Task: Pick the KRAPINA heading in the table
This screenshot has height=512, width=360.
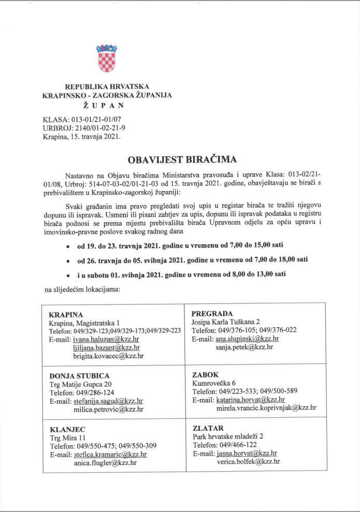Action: (66, 315)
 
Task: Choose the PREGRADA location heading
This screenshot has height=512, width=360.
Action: (212, 313)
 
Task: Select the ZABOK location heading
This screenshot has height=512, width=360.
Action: (206, 374)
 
